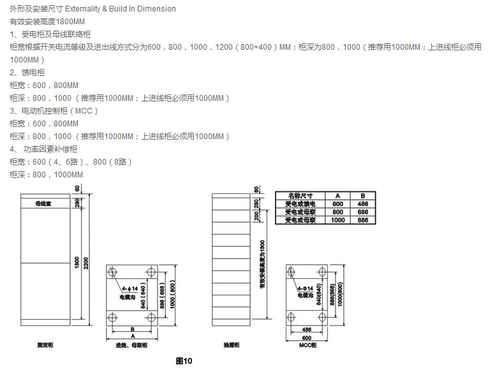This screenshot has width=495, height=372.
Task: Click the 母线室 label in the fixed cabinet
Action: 44,204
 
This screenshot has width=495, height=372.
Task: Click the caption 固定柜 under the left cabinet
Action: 45,345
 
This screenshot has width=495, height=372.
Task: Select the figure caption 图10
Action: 184,361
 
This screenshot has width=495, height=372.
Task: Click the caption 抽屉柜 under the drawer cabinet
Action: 232,345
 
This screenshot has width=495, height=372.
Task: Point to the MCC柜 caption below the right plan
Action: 307,345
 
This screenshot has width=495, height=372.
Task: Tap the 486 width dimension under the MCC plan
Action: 307,329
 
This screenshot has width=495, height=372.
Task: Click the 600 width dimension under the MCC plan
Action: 307,337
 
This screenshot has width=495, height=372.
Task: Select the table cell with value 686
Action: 362,212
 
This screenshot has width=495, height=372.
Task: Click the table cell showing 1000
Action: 338,220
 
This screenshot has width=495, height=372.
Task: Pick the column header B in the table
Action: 362,195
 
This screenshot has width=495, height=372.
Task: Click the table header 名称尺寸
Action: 300,195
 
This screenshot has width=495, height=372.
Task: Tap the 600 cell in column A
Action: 338,204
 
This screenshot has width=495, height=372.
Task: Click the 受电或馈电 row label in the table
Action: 300,204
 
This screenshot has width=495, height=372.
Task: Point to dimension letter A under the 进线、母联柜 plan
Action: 132,335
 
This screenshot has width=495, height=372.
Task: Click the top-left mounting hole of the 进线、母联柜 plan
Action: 113,272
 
